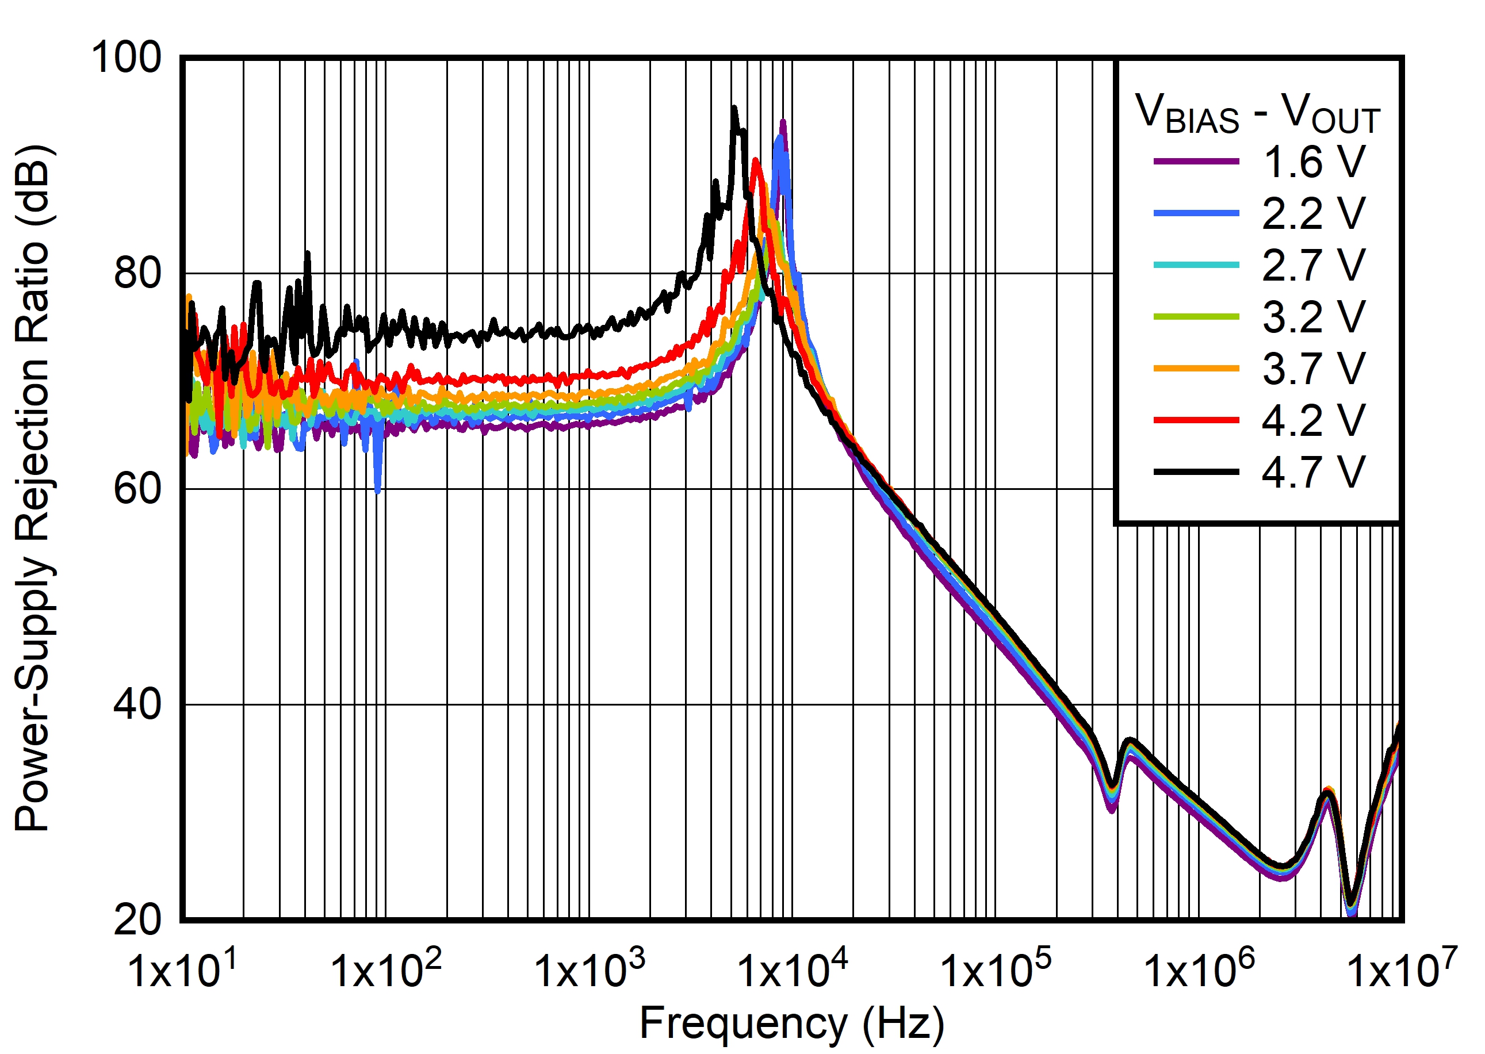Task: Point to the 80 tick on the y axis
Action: coord(137,273)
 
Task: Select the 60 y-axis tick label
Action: coord(137,489)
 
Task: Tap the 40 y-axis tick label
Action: coord(137,704)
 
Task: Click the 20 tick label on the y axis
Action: coord(137,919)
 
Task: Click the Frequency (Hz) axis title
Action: coord(792,1024)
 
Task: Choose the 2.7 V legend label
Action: coord(1314,265)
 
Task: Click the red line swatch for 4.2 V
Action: coord(1196,420)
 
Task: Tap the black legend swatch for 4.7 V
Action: coord(1196,472)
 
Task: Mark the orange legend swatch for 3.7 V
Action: coord(1196,369)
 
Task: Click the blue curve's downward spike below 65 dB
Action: coord(378,490)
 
